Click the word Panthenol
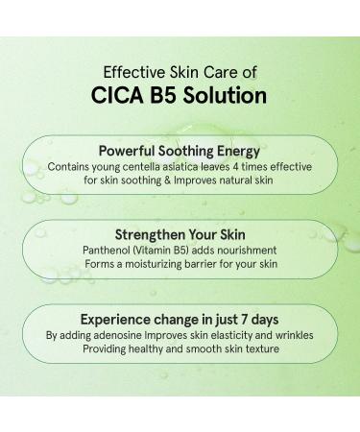tap(104, 250)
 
